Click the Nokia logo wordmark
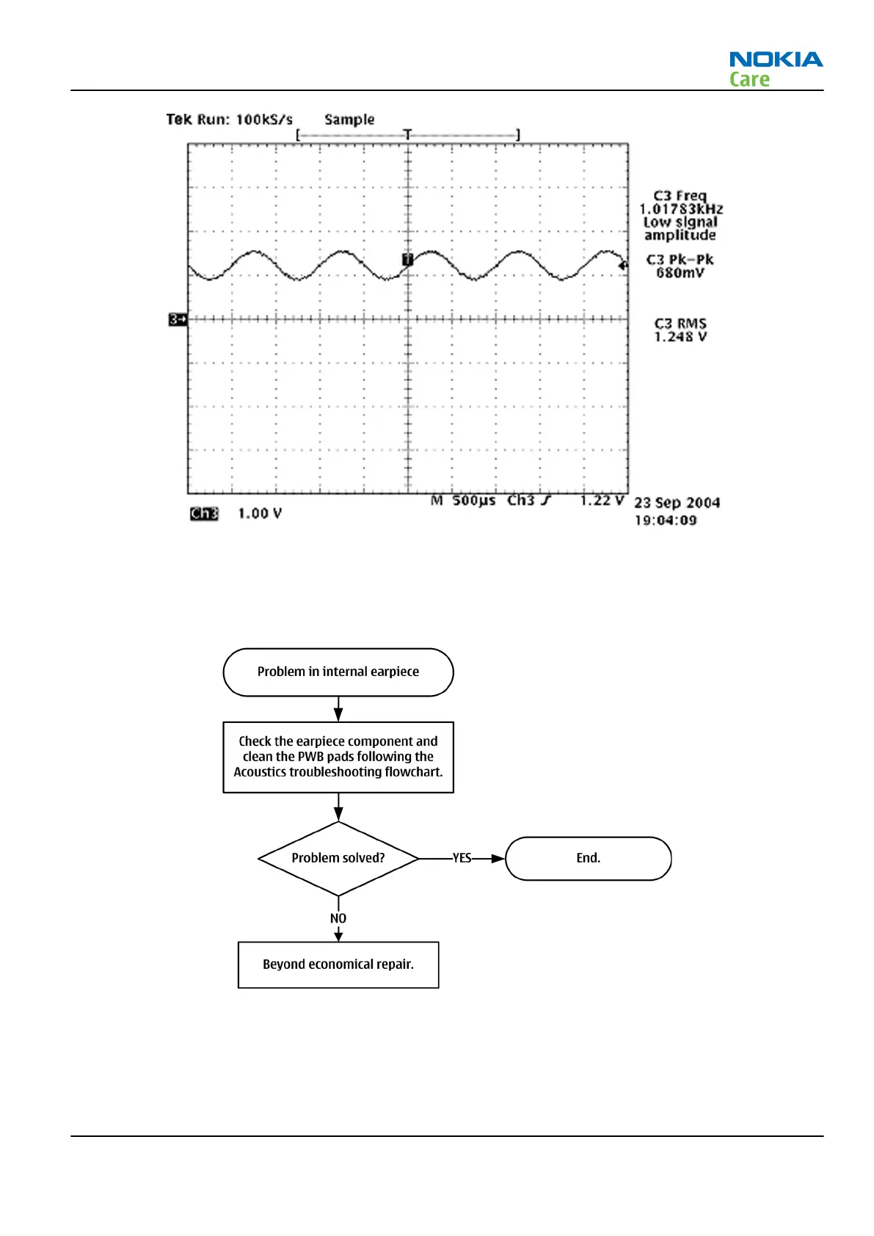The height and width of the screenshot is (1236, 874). pos(776,59)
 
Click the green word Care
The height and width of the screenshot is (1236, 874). pos(749,79)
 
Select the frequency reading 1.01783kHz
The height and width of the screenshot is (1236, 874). pos(680,209)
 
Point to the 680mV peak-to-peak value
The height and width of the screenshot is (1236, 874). pos(680,273)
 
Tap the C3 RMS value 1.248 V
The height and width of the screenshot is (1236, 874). pos(680,337)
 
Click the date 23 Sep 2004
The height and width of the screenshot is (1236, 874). pos(677,503)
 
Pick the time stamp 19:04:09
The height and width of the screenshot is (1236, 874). pos(665,520)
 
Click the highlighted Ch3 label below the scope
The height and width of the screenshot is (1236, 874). pos(204,514)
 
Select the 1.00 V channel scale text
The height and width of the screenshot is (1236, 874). pos(259,514)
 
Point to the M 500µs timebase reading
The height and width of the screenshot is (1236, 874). pos(463,501)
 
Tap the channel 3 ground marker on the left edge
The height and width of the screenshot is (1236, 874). pos(178,319)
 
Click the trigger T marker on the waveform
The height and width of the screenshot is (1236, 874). pos(408,259)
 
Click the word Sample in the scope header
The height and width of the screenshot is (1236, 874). pos(349,120)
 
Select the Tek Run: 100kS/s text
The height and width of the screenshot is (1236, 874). pos(229,120)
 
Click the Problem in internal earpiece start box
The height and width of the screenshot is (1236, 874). pos(338,672)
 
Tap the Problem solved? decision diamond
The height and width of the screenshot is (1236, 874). pos(338,858)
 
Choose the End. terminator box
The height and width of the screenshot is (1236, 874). pos(589,858)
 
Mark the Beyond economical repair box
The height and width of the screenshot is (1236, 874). pos(338,964)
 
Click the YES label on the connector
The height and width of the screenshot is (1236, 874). pos(462,858)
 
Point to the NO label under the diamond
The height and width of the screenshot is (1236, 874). pos(338,918)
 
